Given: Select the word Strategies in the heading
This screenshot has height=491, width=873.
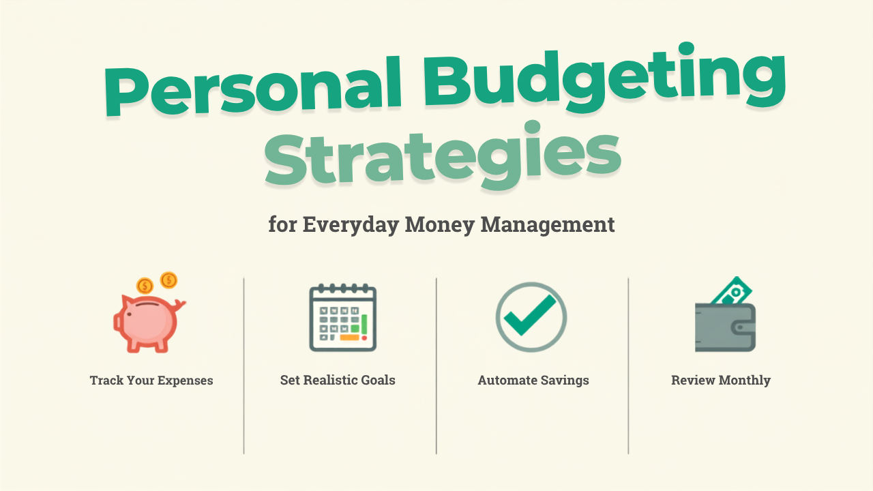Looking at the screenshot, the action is click(x=443, y=156).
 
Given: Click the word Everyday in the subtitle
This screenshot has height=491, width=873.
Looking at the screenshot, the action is click(x=351, y=225).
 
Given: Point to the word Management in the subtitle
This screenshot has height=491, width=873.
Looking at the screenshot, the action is click(x=548, y=225).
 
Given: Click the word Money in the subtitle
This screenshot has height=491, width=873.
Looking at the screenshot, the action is click(x=440, y=225).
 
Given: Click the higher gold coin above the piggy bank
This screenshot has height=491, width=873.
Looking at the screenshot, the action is click(x=168, y=280).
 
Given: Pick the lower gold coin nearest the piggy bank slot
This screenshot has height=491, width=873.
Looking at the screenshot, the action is click(x=145, y=286).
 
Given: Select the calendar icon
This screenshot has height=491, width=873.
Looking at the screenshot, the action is click(x=343, y=318).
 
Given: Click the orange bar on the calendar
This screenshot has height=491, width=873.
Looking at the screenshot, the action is click(x=349, y=338).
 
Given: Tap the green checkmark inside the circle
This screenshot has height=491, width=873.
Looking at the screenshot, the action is click(x=530, y=316).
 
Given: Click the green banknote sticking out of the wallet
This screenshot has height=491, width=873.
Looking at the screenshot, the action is click(x=732, y=291).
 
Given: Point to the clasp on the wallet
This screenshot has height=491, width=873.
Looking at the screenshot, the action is click(x=743, y=327).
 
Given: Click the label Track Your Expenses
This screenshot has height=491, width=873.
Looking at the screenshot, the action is click(x=151, y=381).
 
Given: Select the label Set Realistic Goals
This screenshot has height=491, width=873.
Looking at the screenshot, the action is click(x=338, y=380).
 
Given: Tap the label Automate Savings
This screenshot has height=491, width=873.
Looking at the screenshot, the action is click(x=533, y=381).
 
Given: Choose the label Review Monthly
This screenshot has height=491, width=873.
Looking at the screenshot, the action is click(x=721, y=381).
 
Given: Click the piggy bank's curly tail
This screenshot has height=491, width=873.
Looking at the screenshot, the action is click(x=180, y=305).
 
